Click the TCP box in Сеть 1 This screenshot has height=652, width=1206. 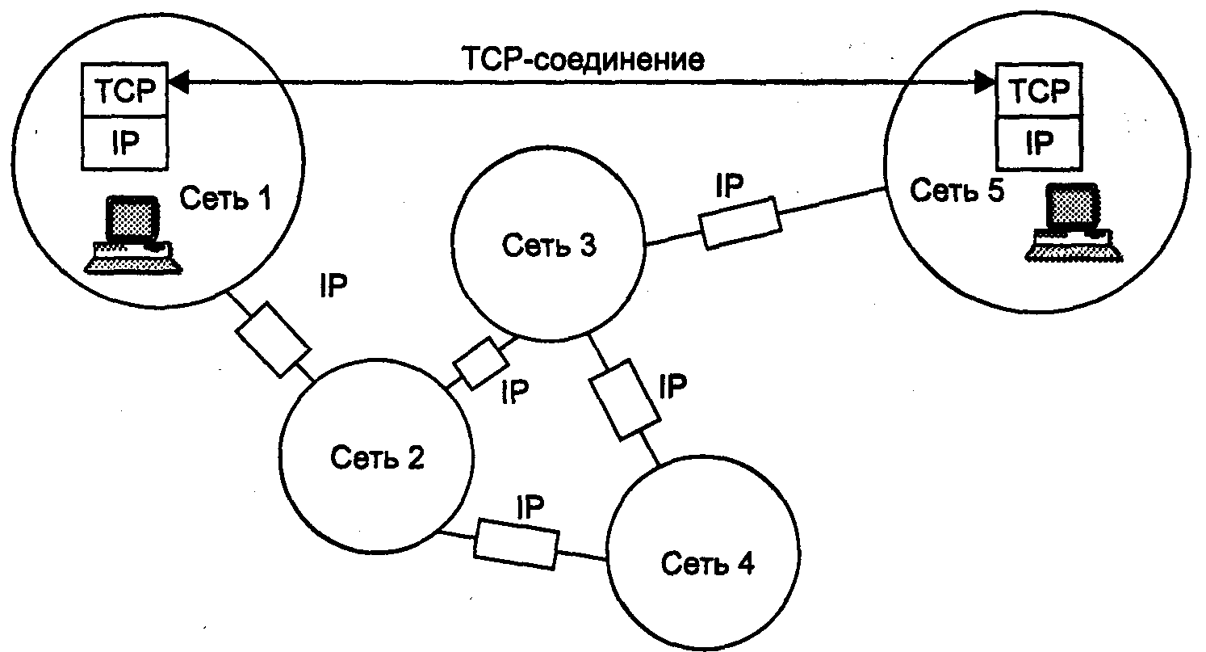(x=124, y=90)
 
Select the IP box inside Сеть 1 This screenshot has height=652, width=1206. (x=124, y=143)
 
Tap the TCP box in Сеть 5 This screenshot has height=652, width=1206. (x=1039, y=90)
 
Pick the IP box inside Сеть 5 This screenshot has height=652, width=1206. (x=1039, y=143)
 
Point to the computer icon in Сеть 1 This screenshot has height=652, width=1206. (x=133, y=234)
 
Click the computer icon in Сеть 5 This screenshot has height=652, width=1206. (x=1074, y=222)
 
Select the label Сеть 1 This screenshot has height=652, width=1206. (x=225, y=198)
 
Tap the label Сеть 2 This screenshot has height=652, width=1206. (x=377, y=457)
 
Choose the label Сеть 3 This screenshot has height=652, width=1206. (x=549, y=245)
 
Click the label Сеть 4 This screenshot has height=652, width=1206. (x=707, y=564)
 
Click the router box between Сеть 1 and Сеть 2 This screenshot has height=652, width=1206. (x=274, y=339)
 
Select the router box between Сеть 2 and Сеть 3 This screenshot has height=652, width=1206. (x=481, y=364)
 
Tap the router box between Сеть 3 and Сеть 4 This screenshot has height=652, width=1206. (x=625, y=400)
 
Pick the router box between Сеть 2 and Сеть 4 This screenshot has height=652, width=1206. (x=517, y=544)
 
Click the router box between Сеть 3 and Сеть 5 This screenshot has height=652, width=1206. (x=740, y=223)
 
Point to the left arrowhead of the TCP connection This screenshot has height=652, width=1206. (x=178, y=82)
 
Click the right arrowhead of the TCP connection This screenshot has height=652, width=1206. (x=986, y=82)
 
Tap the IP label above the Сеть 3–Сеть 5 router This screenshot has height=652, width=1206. (x=730, y=185)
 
